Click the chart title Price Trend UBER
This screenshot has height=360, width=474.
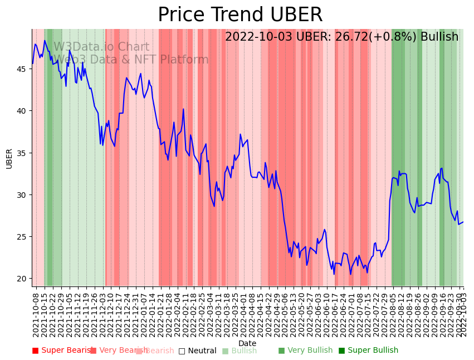(x=240, y=15)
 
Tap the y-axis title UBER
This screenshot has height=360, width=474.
(x=9, y=158)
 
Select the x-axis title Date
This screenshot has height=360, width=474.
(x=247, y=344)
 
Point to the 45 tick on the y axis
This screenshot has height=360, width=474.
(x=22, y=69)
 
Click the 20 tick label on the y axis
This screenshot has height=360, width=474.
(x=22, y=279)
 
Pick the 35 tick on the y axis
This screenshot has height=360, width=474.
(x=22, y=153)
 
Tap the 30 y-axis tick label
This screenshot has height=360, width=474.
(x=22, y=195)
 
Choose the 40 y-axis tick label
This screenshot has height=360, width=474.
(x=22, y=111)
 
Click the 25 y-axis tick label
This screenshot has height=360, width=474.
(x=22, y=237)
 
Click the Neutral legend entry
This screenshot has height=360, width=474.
(x=197, y=351)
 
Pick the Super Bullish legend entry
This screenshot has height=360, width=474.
(x=368, y=351)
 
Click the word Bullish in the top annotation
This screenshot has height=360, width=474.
(x=439, y=37)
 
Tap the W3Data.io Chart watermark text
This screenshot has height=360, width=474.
(x=101, y=47)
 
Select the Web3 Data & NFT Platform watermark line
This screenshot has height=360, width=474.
(x=131, y=60)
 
